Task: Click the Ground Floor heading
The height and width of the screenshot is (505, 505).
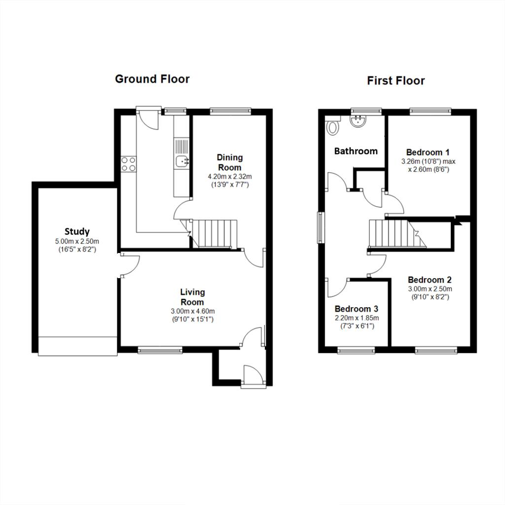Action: tap(152, 79)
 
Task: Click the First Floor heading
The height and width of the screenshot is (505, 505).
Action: tap(396, 80)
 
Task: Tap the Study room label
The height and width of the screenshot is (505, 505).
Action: tap(77, 232)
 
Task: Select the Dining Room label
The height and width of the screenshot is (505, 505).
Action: tap(230, 162)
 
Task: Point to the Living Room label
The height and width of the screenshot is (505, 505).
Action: tap(192, 297)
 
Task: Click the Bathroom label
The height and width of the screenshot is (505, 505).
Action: tap(356, 151)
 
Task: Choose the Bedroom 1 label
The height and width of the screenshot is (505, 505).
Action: tap(428, 152)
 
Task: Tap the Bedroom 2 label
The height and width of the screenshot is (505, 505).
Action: tap(430, 280)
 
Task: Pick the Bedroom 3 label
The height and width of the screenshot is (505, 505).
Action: tap(357, 309)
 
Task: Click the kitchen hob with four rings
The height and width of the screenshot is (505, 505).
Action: tap(129, 164)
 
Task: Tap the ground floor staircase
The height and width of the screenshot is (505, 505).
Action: tap(212, 234)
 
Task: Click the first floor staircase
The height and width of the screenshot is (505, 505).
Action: tap(397, 234)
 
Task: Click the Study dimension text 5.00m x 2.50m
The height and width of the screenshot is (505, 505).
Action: tap(77, 241)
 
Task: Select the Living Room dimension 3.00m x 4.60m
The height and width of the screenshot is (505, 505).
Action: tap(193, 312)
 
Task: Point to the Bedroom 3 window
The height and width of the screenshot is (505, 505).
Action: tap(356, 350)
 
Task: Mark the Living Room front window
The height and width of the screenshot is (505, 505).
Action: tap(160, 350)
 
